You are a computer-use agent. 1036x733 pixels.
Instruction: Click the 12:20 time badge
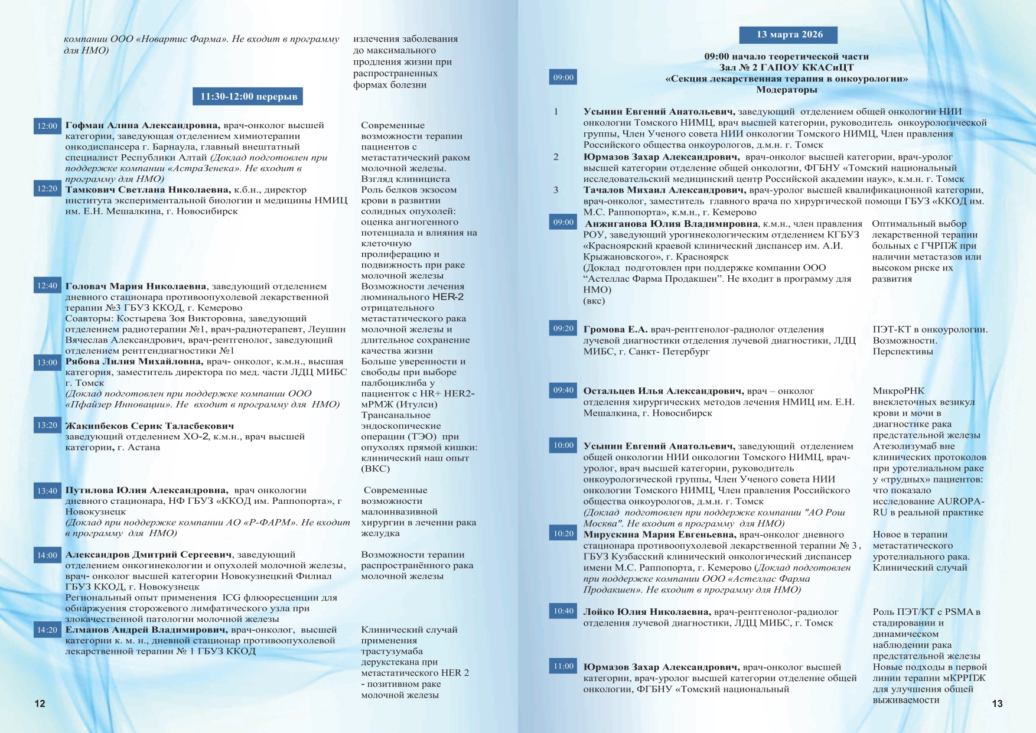[x=47, y=189]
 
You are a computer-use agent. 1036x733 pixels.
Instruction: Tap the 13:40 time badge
[x=47, y=491]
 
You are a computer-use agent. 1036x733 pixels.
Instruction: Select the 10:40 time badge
[x=563, y=611]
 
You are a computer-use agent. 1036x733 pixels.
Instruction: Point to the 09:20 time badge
[x=563, y=328]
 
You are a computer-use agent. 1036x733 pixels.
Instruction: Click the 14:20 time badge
[x=47, y=630]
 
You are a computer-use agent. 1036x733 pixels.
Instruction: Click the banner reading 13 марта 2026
[x=789, y=35]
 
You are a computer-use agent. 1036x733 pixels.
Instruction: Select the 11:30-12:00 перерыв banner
[x=248, y=96]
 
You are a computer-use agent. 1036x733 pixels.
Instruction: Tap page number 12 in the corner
[x=40, y=703]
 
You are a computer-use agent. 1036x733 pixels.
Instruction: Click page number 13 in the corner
[x=997, y=703]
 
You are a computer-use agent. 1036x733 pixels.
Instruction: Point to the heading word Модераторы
[x=786, y=90]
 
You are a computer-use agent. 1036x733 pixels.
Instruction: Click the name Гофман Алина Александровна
[x=142, y=125]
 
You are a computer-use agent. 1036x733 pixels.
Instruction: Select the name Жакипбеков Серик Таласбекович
[x=149, y=426]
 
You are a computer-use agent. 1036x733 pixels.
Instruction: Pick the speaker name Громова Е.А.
[x=615, y=330]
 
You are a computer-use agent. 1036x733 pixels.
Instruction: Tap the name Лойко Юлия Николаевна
[x=647, y=612]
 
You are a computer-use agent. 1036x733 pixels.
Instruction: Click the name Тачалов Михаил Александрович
[x=664, y=190]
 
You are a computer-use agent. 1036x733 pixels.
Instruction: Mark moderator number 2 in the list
[x=556, y=157]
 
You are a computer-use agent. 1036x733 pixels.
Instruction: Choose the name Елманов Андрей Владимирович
[x=146, y=630]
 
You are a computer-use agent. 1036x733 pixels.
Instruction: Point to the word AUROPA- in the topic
[x=960, y=501]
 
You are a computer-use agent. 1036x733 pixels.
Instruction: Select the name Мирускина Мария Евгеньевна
[x=659, y=535]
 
